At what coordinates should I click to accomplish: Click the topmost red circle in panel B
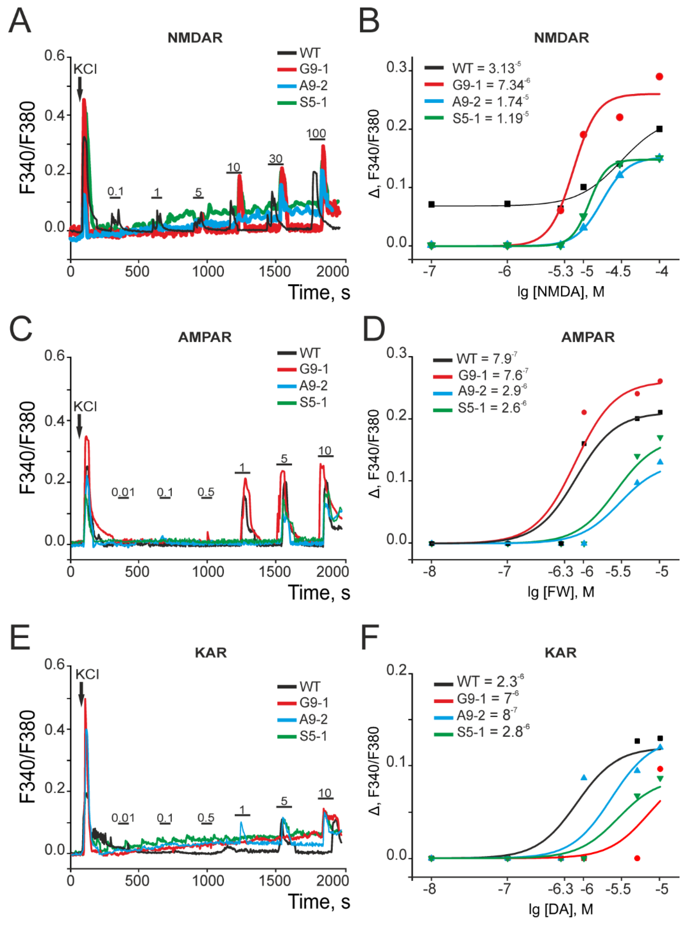click(x=659, y=77)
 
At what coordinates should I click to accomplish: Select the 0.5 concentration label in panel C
click(x=206, y=492)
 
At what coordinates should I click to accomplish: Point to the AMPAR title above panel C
click(x=205, y=337)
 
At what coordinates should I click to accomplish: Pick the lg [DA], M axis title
click(x=561, y=909)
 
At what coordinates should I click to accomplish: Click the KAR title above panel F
click(x=561, y=653)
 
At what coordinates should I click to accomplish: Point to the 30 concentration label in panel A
click(x=275, y=159)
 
